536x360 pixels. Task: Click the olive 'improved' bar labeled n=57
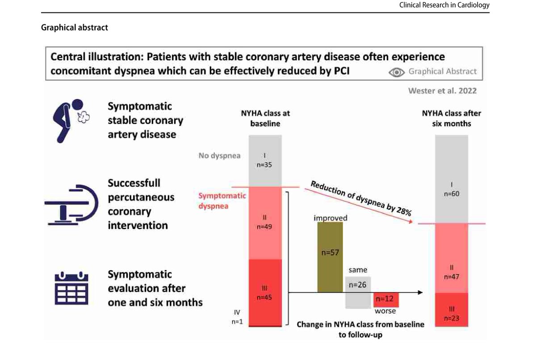pyautogui.click(x=330, y=257)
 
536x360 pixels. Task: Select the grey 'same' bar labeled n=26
pyautogui.click(x=358, y=292)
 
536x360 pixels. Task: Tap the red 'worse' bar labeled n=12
pyautogui.click(x=386, y=300)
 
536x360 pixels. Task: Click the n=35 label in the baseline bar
pyautogui.click(x=264, y=165)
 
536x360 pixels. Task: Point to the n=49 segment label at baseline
pyautogui.click(x=264, y=226)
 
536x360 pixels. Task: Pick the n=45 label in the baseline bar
pyautogui.click(x=264, y=297)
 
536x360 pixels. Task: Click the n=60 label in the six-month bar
pyautogui.click(x=452, y=194)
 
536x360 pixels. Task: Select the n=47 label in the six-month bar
pyautogui.click(x=452, y=277)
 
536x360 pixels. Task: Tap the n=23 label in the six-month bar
pyautogui.click(x=452, y=318)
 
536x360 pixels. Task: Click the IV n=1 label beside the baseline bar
pyautogui.click(x=237, y=317)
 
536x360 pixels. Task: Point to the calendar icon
pyautogui.click(x=71, y=288)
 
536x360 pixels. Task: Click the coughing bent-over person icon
pyautogui.click(x=71, y=121)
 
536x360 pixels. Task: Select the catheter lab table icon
pyautogui.click(x=71, y=205)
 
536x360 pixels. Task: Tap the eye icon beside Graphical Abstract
pyautogui.click(x=397, y=72)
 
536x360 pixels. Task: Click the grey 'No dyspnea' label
pyautogui.click(x=219, y=156)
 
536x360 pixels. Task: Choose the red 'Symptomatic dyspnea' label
pyautogui.click(x=222, y=201)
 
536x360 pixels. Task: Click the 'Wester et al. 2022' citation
pyautogui.click(x=442, y=91)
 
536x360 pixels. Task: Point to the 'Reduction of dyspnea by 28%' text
pyautogui.click(x=361, y=198)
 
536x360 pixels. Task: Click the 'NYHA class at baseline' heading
pyautogui.click(x=265, y=118)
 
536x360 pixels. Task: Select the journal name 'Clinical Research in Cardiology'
pyautogui.click(x=444, y=5)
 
